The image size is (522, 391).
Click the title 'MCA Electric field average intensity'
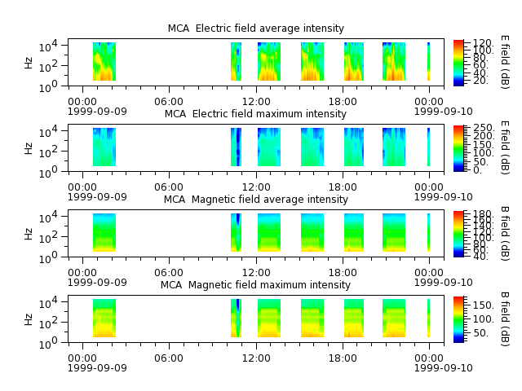255,29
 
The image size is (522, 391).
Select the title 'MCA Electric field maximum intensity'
255,114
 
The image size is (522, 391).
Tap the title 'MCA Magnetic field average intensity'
255,199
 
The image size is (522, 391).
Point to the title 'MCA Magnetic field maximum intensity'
255,284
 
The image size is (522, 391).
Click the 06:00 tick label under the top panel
169,101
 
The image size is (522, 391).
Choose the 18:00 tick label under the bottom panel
343,358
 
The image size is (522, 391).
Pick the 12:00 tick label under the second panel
256,187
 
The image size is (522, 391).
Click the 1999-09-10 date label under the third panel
444,282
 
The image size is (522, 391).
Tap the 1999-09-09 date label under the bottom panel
97,367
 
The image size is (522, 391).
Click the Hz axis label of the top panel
29,63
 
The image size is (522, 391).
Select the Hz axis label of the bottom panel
29,319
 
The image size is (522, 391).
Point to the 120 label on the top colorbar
482,43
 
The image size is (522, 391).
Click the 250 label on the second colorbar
484,128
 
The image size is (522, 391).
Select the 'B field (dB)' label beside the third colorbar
505,234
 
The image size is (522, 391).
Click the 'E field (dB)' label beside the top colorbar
505,62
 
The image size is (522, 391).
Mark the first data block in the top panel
104,62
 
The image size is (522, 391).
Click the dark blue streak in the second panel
238,147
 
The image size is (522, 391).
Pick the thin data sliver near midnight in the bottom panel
428,319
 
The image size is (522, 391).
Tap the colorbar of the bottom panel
458,319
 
